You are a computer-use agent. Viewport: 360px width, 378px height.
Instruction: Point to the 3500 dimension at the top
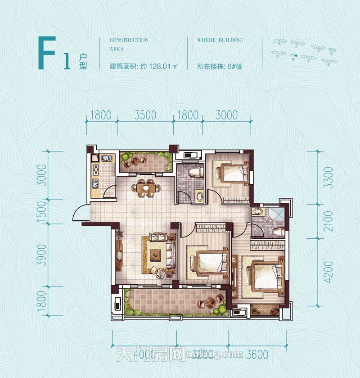tap(145, 115)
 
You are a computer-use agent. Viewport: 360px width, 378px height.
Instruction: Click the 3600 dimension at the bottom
tap(257, 355)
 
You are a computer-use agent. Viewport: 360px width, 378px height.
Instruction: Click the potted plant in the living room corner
tap(120, 234)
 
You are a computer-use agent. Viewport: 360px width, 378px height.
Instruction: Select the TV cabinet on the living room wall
tap(119, 255)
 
